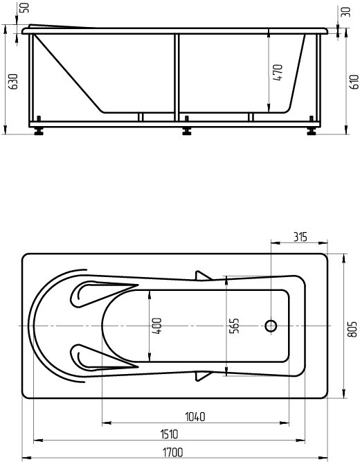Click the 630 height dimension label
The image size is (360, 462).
click(x=13, y=81)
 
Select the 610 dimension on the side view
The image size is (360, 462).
click(x=354, y=82)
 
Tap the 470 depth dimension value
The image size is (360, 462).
click(x=278, y=73)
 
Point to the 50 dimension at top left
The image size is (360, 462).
click(x=26, y=8)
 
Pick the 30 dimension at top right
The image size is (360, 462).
click(x=346, y=12)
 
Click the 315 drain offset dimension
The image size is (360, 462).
click(x=300, y=237)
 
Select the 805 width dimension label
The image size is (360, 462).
click(x=353, y=329)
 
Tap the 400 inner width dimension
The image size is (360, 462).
click(x=157, y=326)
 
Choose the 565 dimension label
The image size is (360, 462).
click(x=234, y=326)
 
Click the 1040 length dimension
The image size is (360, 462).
click(x=195, y=417)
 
